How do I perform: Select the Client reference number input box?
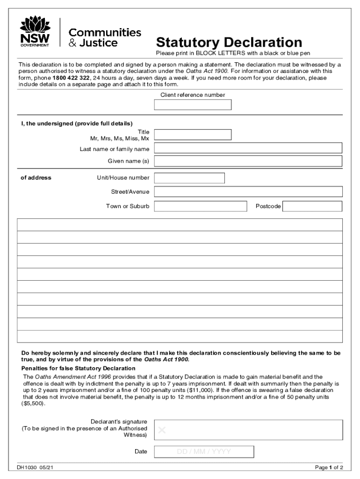[x=193, y=105]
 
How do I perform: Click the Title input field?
[x=193, y=135]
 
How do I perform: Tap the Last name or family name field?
[x=248, y=148]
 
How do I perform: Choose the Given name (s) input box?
[x=248, y=161]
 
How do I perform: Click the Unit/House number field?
[x=189, y=178]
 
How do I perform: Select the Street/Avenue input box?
[x=248, y=192]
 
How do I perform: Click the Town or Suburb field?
[x=200, y=206]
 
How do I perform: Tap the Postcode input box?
[x=312, y=206]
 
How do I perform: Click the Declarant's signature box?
[x=248, y=430]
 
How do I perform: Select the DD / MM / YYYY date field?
[x=204, y=452]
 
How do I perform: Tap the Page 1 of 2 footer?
[x=329, y=468]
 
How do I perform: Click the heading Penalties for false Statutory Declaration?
[x=79, y=369]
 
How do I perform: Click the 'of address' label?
[x=36, y=178]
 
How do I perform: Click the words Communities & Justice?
[x=105, y=37]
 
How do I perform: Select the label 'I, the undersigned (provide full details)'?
[x=77, y=123]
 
